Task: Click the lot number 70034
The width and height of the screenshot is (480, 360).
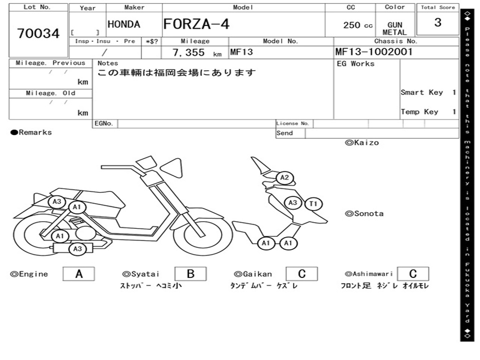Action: pyautogui.click(x=38, y=34)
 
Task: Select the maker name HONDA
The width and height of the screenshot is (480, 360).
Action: pyautogui.click(x=124, y=24)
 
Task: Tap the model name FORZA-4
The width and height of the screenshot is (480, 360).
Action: pyautogui.click(x=196, y=24)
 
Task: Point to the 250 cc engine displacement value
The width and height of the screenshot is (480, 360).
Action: pyautogui.click(x=358, y=25)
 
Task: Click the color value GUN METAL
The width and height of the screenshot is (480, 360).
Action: pyautogui.click(x=395, y=29)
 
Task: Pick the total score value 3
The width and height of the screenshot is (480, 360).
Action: pyautogui.click(x=437, y=22)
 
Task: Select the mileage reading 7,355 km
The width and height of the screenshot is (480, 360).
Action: pyautogui.click(x=197, y=53)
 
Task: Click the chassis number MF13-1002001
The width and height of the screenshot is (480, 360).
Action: pyautogui.click(x=374, y=52)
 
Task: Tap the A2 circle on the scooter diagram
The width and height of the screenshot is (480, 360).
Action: pyautogui.click(x=284, y=178)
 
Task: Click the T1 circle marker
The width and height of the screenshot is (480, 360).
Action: pyautogui.click(x=313, y=203)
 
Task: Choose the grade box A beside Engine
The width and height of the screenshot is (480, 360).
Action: pyautogui.click(x=79, y=274)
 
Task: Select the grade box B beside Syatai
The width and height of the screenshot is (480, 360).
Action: pyautogui.click(x=190, y=274)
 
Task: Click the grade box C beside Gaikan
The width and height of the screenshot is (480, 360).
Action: pyautogui.click(x=301, y=274)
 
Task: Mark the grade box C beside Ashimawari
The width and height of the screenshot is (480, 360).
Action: pyautogui.click(x=412, y=274)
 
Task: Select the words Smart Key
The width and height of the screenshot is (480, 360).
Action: pyautogui.click(x=421, y=92)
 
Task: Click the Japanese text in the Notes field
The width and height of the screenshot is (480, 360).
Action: pyautogui.click(x=177, y=73)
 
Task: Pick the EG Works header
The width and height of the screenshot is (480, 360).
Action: pyautogui.click(x=356, y=63)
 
